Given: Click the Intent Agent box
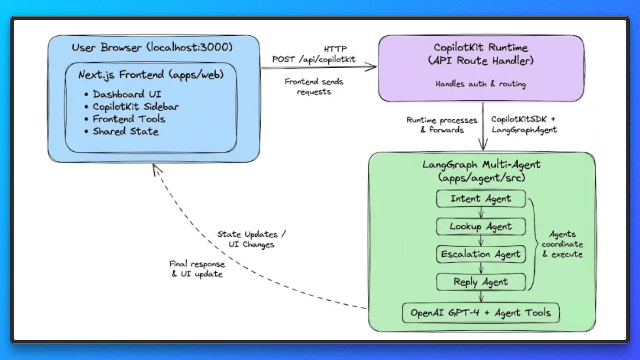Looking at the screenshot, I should tap(481, 199).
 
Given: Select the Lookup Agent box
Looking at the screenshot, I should tap(481, 227).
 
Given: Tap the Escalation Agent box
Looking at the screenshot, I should tap(481, 254).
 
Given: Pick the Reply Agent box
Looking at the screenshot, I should tap(481, 282).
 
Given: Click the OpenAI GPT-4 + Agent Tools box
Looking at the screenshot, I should tap(481, 313).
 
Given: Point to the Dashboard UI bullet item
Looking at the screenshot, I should tap(127, 94).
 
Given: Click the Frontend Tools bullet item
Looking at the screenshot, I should tap(129, 119).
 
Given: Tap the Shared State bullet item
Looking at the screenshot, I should tap(125, 131).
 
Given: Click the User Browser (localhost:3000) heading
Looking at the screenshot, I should tap(152, 47).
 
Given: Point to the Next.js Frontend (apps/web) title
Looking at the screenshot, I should tap(151, 75).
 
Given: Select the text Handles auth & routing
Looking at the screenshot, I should tap(481, 84).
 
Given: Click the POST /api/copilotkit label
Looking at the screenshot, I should tap(314, 59).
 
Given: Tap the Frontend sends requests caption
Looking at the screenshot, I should tap(314, 87).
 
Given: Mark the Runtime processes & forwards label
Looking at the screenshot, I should tap(442, 125).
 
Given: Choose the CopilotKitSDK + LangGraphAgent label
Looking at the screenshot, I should tap(524, 124).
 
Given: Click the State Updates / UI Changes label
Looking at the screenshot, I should tap(252, 239).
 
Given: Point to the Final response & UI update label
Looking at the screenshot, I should tap(197, 269).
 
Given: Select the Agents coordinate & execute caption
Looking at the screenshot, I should tap(562, 244).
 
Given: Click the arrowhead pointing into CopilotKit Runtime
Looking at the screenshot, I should tap(372, 67).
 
